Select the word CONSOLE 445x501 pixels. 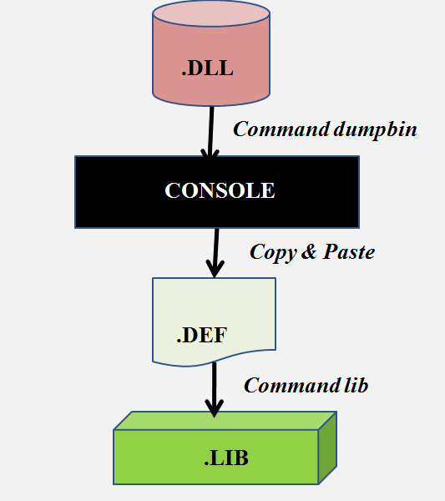click(220, 190)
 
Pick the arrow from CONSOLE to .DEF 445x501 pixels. click(215, 250)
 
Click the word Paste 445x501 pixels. click(346, 251)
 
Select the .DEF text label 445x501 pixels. click(202, 337)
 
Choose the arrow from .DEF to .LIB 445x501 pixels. click(214, 388)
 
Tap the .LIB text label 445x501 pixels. click(225, 458)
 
